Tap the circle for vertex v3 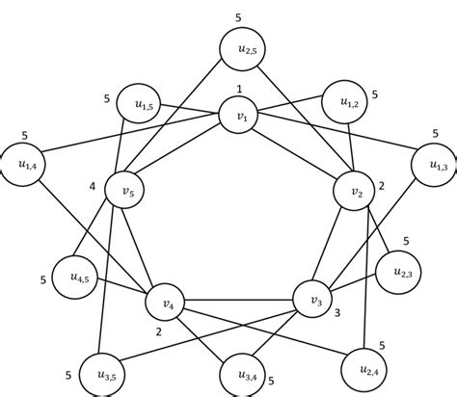312,299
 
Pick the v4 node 167,304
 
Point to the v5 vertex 123,191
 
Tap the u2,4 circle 360,364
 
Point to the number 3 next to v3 338,313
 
